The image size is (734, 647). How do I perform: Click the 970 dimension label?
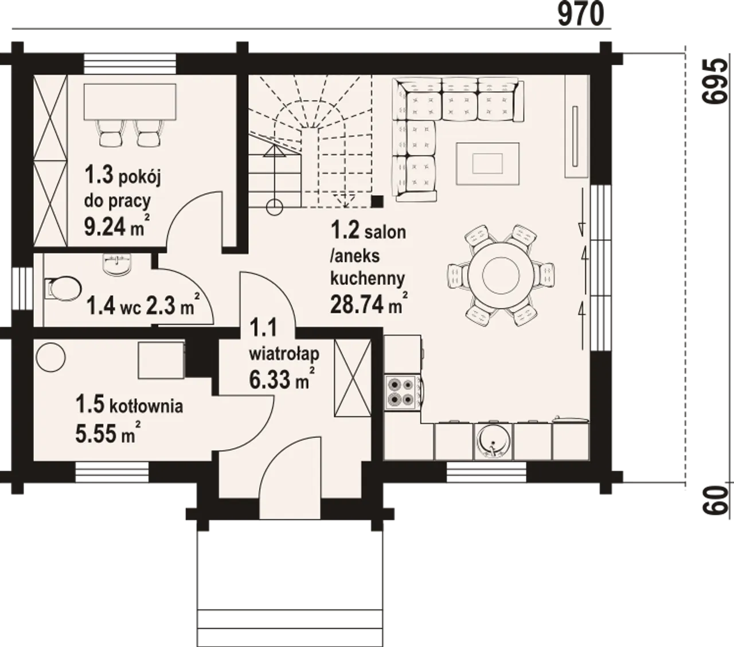coord(581,14)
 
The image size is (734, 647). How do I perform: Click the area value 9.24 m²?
coord(116,226)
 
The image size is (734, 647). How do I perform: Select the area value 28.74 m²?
coord(369,303)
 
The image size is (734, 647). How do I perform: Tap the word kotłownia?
coord(146,406)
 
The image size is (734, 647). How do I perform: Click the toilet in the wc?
coord(63,289)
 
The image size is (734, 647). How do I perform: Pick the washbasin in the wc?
coord(118,265)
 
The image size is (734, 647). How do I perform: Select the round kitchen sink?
coord(493,442)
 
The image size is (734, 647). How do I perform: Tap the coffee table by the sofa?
coord(487,164)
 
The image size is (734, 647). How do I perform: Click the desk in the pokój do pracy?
coord(130,102)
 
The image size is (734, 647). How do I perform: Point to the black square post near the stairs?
coord(377,201)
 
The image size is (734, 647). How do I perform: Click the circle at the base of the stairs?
coord(274,207)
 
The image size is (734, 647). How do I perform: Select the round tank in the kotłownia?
coord(51,356)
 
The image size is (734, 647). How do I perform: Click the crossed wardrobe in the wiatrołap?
coord(353,378)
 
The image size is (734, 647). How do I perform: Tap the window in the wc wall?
coord(17,288)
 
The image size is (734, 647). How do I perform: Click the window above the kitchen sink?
coord(486,473)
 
